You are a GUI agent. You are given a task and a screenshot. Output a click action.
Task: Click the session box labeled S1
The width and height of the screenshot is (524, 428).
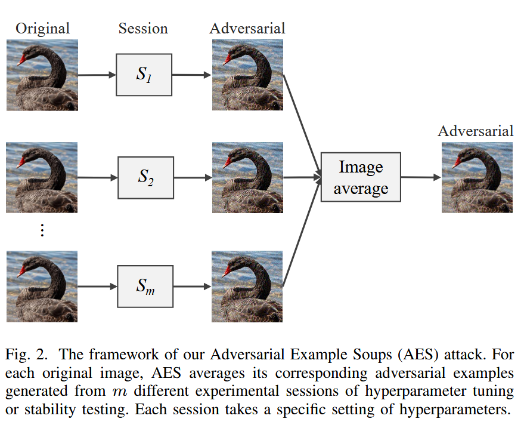(144, 75)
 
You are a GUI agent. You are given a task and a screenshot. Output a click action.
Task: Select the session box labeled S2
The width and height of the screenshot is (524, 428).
(146, 177)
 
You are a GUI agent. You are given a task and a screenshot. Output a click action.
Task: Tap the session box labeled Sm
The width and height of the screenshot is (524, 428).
(145, 287)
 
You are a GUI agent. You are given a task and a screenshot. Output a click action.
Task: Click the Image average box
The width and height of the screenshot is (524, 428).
(361, 177)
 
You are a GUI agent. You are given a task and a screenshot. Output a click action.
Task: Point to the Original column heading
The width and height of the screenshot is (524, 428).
(42, 28)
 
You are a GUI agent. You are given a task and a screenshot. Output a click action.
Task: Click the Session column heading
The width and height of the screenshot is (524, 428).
(143, 28)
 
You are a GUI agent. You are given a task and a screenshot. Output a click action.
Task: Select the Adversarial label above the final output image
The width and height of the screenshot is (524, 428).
(475, 131)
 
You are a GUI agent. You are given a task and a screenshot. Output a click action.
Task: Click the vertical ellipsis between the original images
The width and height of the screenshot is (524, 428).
(42, 230)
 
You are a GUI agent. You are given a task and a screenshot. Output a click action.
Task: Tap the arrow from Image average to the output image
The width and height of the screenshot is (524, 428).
(421, 177)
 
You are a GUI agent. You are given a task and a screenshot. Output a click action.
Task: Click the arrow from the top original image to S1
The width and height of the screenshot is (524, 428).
(97, 75)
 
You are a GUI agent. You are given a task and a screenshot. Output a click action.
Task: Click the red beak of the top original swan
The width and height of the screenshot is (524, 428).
(22, 60)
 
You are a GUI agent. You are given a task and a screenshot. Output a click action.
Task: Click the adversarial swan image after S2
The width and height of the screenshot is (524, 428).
(247, 177)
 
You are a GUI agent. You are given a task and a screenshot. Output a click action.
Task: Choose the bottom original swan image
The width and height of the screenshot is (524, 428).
(42, 287)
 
